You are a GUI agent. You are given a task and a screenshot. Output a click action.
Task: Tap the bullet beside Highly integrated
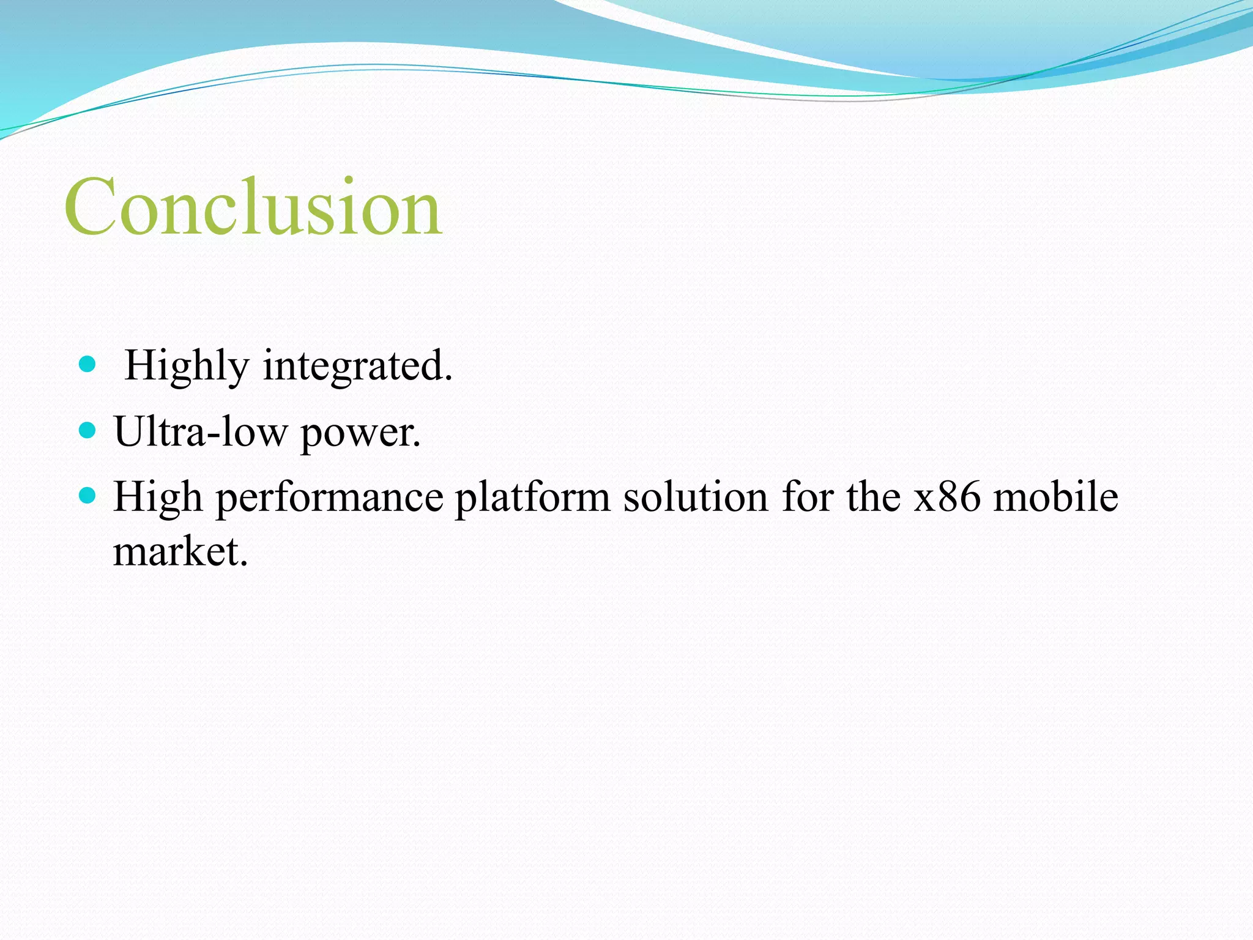[87, 365]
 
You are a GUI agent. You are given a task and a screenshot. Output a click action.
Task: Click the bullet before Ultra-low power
[87, 430]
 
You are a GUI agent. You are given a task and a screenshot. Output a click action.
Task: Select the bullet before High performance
[87, 495]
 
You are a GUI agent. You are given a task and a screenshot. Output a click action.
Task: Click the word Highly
[187, 367]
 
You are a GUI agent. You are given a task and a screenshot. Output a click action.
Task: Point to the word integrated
[357, 367]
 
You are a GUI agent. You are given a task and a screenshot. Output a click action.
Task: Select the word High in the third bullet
[158, 496]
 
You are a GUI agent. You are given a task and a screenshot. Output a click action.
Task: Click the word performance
[329, 498]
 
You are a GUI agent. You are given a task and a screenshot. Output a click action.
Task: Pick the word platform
[532, 498]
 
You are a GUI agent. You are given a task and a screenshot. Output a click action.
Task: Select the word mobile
[1055, 496]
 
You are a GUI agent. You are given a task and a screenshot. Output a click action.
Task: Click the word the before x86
[874, 496]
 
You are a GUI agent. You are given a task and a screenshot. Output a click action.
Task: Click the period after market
[244, 564]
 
